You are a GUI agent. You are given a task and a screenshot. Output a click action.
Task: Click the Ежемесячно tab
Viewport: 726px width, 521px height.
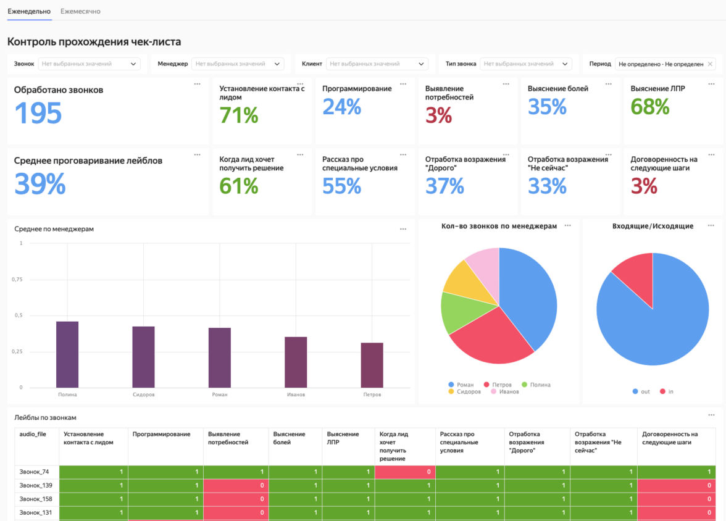80,11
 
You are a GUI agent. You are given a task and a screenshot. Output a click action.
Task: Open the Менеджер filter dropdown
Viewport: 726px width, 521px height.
238,64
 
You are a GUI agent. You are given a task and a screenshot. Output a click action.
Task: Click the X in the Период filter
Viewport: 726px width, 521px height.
710,64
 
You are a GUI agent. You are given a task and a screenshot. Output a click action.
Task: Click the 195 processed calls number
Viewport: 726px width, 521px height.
38,113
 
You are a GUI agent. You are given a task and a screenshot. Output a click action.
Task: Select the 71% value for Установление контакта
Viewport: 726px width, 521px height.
239,115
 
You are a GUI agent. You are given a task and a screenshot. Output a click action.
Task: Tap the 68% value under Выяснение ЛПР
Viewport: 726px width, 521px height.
650,107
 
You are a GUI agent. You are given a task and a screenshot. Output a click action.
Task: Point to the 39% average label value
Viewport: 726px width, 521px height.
40,184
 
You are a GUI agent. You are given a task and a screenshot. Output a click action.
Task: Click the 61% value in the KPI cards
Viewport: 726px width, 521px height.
239,185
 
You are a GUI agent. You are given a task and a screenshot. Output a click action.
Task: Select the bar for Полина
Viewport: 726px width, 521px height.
67,354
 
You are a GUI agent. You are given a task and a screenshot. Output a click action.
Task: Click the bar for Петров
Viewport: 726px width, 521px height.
372,365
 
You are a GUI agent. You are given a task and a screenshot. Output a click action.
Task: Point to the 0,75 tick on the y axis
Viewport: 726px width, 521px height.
17,279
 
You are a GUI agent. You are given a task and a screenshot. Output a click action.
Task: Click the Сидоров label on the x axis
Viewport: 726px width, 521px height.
143,394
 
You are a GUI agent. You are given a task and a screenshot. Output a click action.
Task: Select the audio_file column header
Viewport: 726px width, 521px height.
33,434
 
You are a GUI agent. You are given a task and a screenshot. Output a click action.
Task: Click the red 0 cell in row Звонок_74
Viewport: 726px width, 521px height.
404,472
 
